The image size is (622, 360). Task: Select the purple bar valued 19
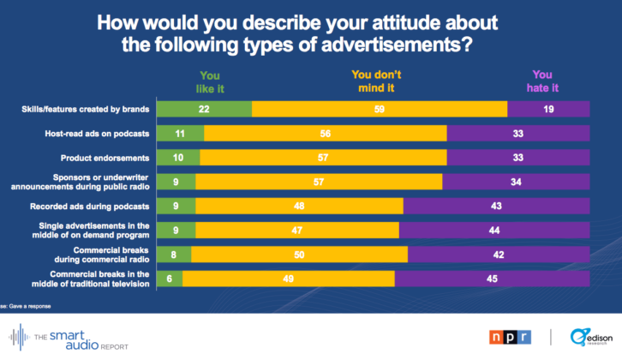point(548,109)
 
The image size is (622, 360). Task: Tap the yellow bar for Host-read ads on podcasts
point(326,134)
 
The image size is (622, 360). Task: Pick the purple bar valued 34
point(516,182)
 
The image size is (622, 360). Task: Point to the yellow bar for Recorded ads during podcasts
point(299,206)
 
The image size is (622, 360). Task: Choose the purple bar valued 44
point(494,230)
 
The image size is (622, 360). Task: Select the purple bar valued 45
point(492,278)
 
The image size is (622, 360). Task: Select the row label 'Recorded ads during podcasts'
point(93,206)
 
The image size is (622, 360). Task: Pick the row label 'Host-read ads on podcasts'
point(98,134)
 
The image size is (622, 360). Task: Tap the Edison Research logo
point(587,337)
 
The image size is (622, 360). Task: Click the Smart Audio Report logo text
point(69,337)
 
